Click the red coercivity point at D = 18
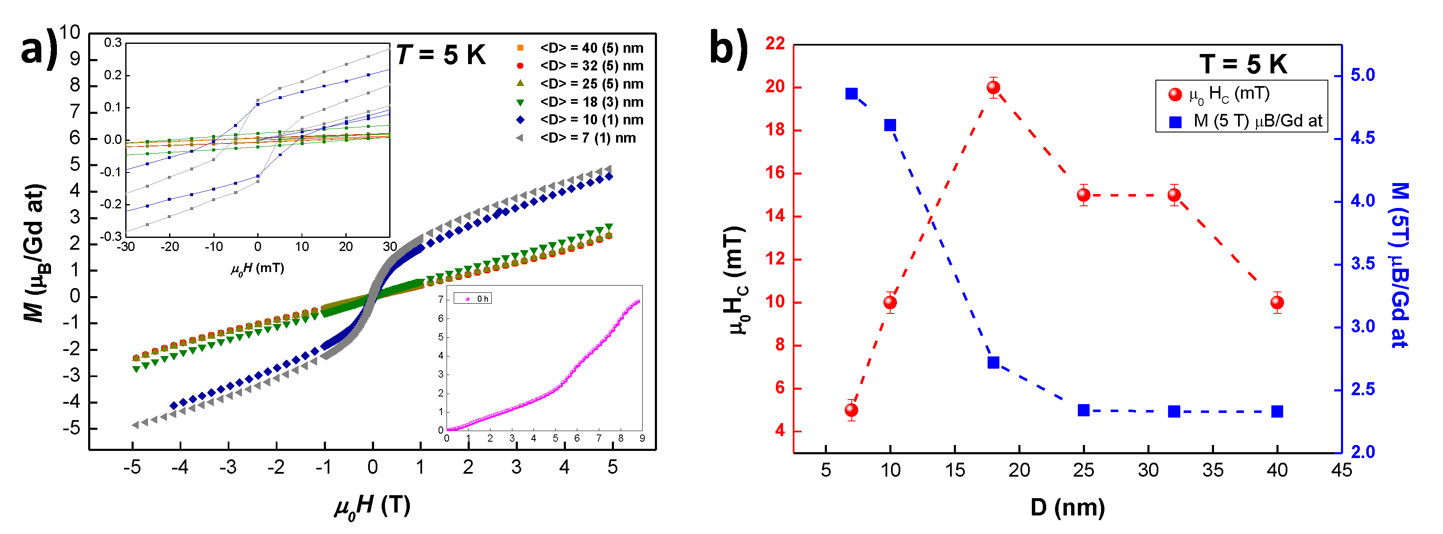point(993,87)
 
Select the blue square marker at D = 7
point(851,94)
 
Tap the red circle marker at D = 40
point(1276,302)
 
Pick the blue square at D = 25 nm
point(1083,410)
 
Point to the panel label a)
point(39,49)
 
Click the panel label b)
point(728,49)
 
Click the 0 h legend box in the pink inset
point(473,299)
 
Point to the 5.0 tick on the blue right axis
point(1362,75)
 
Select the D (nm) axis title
point(1067,507)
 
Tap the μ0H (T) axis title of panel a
point(372,507)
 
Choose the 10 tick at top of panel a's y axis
point(70,32)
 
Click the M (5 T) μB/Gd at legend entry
point(1257,121)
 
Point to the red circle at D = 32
point(1174,195)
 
